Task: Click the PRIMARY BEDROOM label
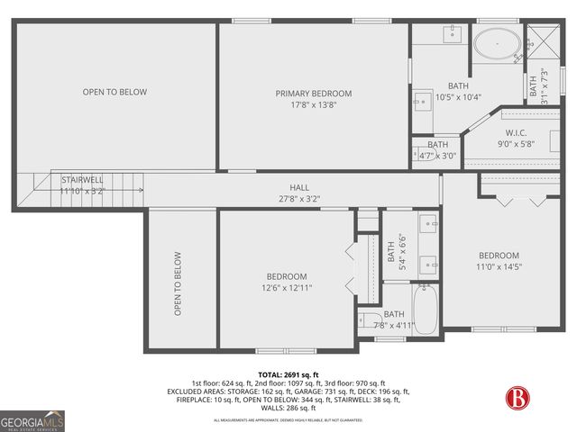pyautogui.click(x=313, y=94)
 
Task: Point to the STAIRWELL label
pyautogui.click(x=81, y=180)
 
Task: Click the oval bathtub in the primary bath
pyautogui.click(x=497, y=42)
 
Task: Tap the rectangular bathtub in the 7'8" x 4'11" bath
pyautogui.click(x=424, y=309)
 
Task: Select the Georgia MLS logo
pyautogui.click(x=32, y=420)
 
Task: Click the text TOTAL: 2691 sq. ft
pyautogui.click(x=288, y=374)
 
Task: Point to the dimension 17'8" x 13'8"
pyautogui.click(x=313, y=104)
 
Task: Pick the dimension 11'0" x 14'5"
pyautogui.click(x=499, y=266)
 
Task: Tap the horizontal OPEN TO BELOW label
pyautogui.click(x=114, y=92)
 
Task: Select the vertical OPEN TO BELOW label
pyautogui.click(x=178, y=283)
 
